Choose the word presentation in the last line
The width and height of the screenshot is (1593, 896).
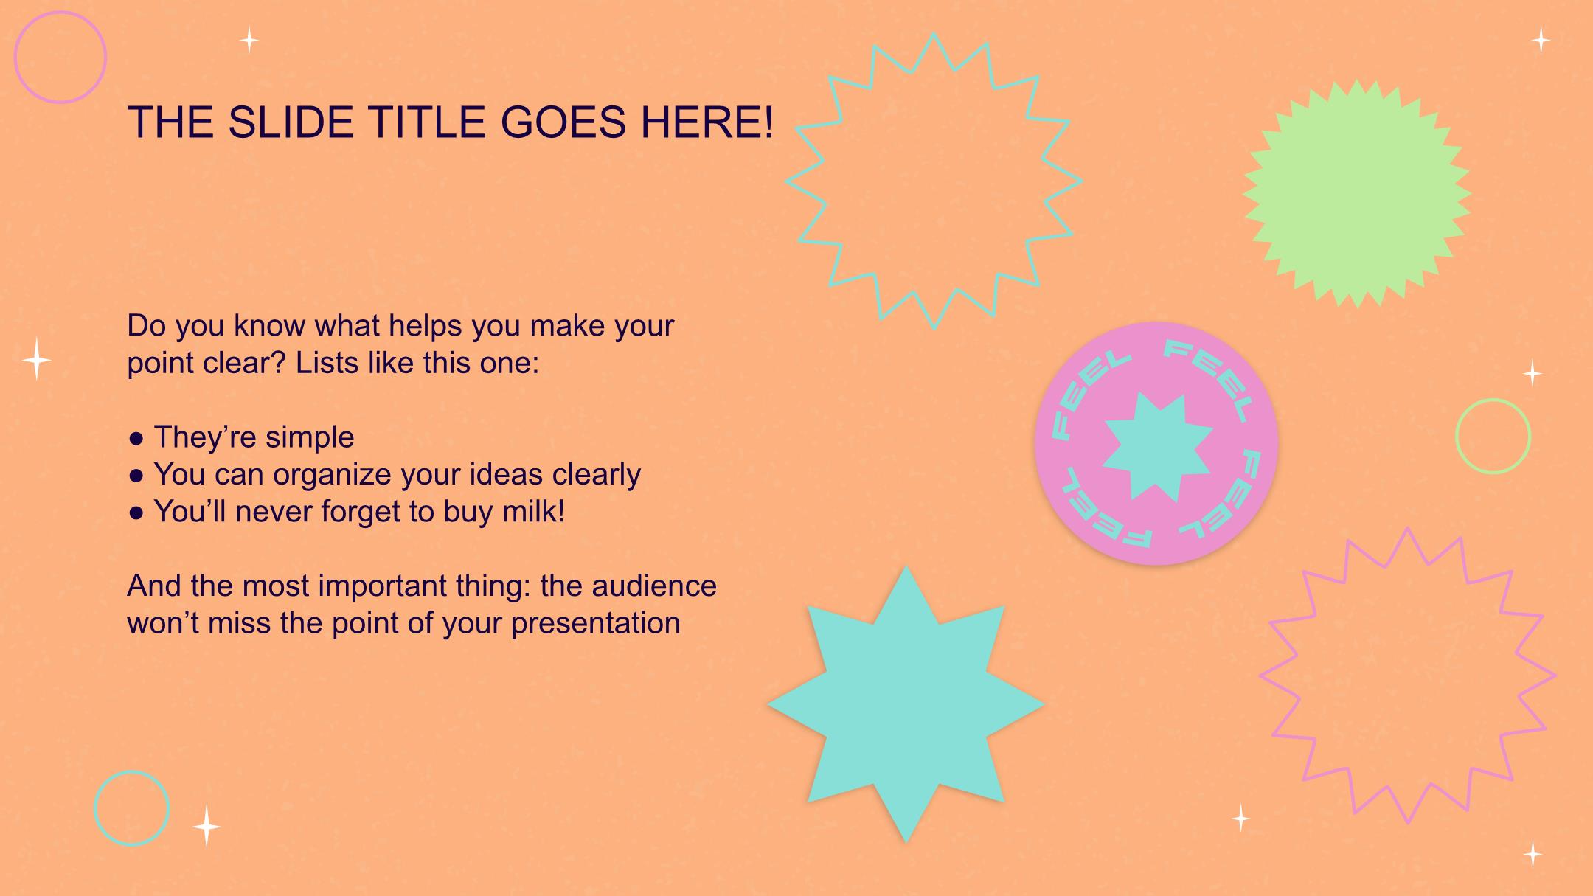[595, 624]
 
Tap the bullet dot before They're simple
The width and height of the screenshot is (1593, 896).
[136, 438]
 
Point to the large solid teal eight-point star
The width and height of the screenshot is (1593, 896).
[906, 704]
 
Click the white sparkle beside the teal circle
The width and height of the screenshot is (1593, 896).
[206, 826]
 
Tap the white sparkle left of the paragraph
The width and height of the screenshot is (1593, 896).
[36, 359]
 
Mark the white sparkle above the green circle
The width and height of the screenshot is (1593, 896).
[1533, 373]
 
